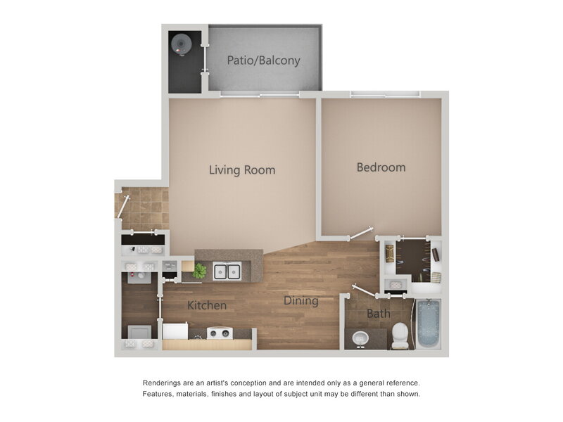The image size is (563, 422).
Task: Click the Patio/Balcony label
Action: click(x=263, y=60)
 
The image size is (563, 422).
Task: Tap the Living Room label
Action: click(x=241, y=170)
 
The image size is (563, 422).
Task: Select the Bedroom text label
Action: click(x=381, y=167)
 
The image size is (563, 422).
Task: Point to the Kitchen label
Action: click(x=207, y=305)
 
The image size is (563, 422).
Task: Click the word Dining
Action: click(x=301, y=301)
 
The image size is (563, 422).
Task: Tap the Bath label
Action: click(x=378, y=314)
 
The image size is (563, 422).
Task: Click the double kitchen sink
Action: click(x=227, y=271)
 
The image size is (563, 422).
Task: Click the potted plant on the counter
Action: click(x=200, y=271)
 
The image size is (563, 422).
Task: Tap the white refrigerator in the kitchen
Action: click(x=175, y=331)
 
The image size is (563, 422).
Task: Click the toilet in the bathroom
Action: click(x=400, y=335)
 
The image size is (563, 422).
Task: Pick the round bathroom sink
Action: click(x=361, y=339)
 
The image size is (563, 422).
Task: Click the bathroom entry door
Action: click(x=364, y=290)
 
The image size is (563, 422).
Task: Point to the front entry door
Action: click(x=123, y=206)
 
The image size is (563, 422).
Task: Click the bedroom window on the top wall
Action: click(x=385, y=94)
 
